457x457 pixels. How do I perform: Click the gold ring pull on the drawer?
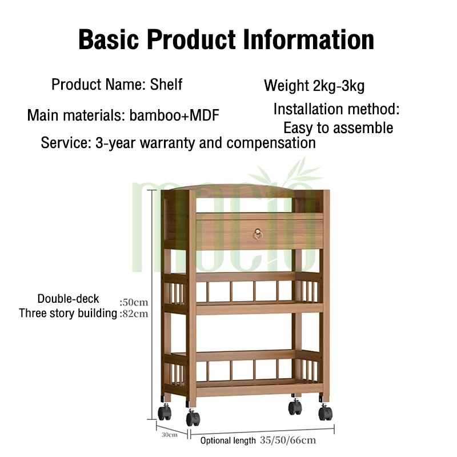(258, 234)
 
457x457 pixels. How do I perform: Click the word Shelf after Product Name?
(166, 85)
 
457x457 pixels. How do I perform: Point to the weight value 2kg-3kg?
(338, 86)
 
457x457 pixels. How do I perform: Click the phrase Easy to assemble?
(338, 128)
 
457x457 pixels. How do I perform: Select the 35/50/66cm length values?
(287, 440)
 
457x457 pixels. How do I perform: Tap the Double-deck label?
(69, 299)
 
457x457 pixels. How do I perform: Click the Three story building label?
(68, 313)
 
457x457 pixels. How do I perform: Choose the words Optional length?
(228, 440)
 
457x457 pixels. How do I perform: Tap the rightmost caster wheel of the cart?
(325, 410)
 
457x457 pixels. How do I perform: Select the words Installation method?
(336, 109)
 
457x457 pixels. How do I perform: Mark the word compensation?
(271, 143)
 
